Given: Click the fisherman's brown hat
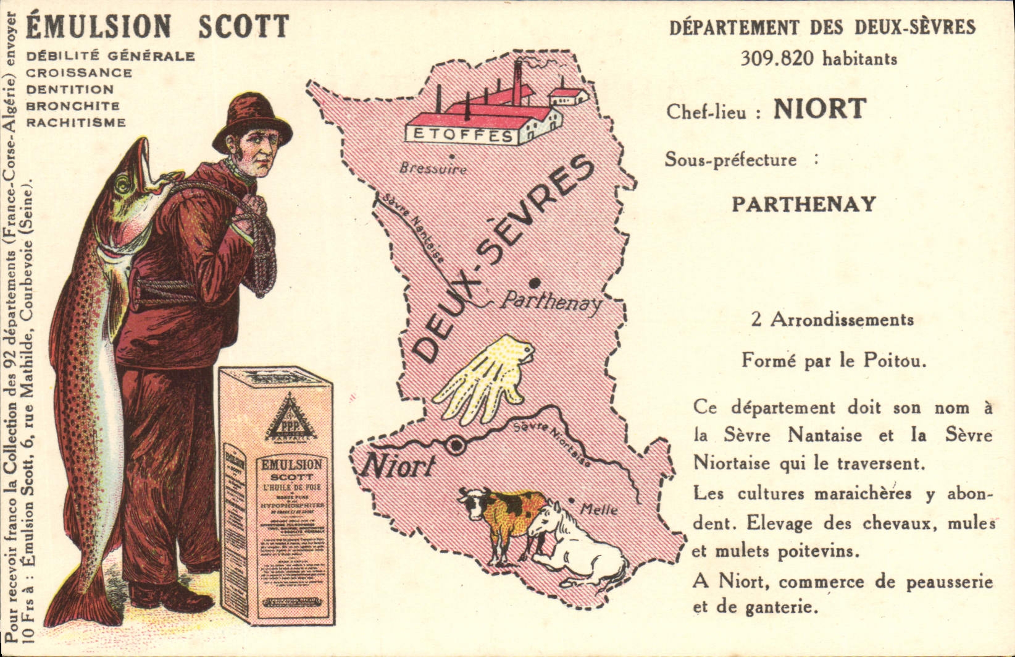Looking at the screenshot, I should [251, 122].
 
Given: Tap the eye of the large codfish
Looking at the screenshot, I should [124, 184].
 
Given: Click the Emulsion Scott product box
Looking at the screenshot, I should [276, 494].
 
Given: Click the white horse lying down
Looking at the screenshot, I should [574, 547].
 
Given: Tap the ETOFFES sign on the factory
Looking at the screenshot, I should [460, 135].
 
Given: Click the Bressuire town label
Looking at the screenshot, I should [433, 168].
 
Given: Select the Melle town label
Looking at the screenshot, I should [599, 510].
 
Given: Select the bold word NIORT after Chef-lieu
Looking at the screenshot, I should [820, 109].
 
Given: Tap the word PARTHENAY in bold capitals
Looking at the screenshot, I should [804, 204].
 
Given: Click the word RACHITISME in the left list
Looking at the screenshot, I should [76, 122].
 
